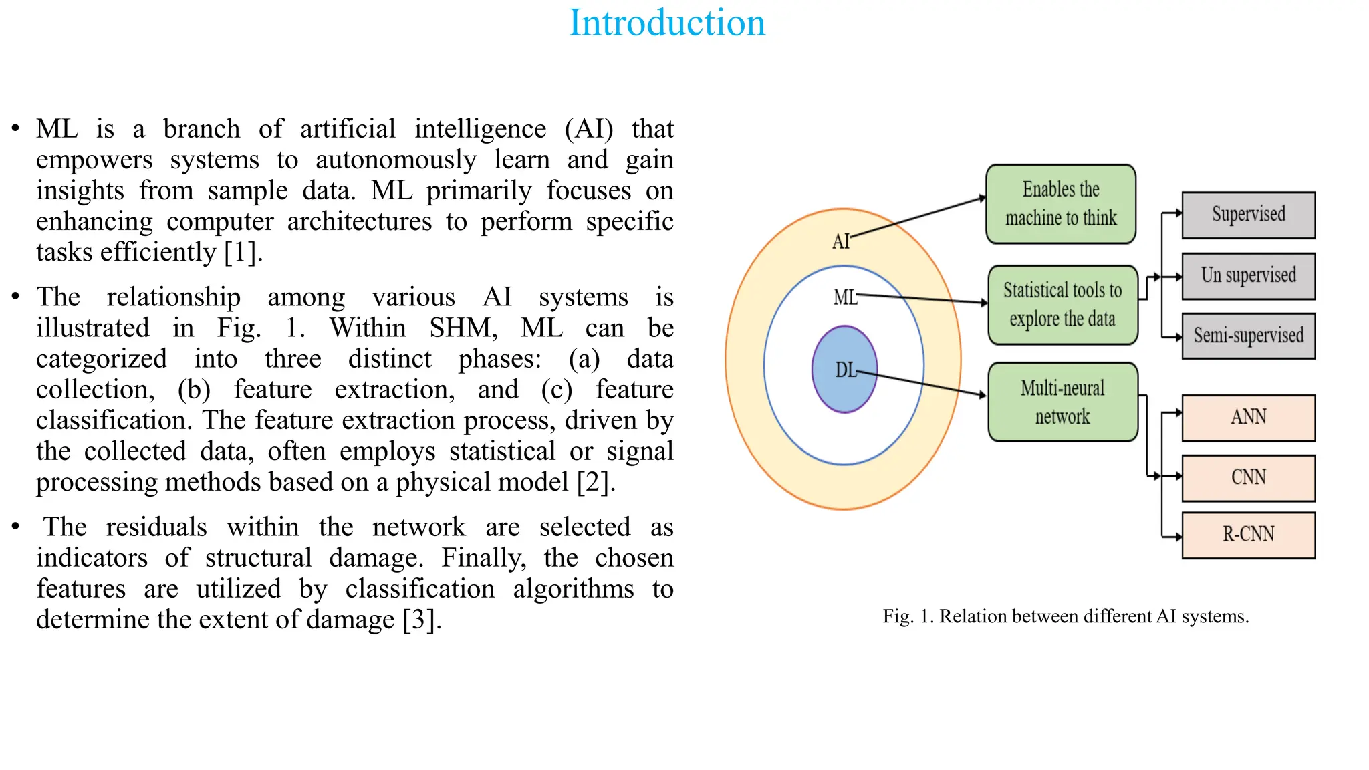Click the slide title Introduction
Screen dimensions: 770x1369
pyautogui.click(x=666, y=23)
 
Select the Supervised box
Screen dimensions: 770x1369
pyautogui.click(x=1248, y=215)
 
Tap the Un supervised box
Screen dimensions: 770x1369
pyautogui.click(x=1248, y=275)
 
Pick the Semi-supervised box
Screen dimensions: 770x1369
pyautogui.click(x=1248, y=336)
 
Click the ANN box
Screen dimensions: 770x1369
pyautogui.click(x=1248, y=418)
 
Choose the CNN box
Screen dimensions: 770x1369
pyautogui.click(x=1248, y=478)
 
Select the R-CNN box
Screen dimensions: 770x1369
pyautogui.click(x=1248, y=535)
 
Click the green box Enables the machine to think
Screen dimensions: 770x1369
pyautogui.click(x=1061, y=204)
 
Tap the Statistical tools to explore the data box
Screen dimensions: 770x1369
pyautogui.click(x=1062, y=305)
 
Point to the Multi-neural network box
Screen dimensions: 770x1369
pyautogui.click(x=1062, y=402)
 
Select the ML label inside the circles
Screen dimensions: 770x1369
pyautogui.click(x=845, y=297)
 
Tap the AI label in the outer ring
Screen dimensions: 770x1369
pyautogui.click(x=840, y=241)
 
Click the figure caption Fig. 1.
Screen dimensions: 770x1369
pyautogui.click(x=1066, y=616)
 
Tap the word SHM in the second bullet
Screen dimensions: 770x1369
pyautogui.click(x=463, y=328)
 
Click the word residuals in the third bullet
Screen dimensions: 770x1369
pyautogui.click(x=156, y=527)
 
